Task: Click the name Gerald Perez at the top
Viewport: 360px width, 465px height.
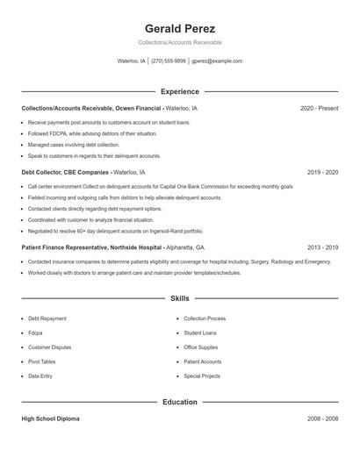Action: [179, 28]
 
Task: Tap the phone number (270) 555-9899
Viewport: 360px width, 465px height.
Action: [169, 61]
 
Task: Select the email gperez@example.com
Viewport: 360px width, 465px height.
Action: [217, 61]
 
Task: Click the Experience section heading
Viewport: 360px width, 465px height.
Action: [179, 91]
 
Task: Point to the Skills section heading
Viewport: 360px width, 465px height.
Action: [179, 299]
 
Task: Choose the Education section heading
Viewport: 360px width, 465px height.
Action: [179, 402]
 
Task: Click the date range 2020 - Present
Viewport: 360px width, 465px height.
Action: [319, 108]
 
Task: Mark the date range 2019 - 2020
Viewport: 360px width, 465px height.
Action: [322, 173]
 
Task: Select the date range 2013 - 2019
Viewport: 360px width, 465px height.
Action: [322, 248]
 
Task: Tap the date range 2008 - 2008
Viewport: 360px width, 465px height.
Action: [322, 419]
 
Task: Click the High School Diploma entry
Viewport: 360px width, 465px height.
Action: [50, 419]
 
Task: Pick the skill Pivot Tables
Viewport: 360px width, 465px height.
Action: [41, 361]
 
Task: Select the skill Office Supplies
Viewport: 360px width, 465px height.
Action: [201, 347]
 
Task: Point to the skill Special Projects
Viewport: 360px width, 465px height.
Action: [202, 376]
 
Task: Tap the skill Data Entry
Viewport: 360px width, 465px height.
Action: [40, 376]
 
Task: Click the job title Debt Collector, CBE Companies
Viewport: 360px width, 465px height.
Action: [65, 173]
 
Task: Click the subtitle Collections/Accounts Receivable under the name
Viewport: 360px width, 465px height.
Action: [179, 42]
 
